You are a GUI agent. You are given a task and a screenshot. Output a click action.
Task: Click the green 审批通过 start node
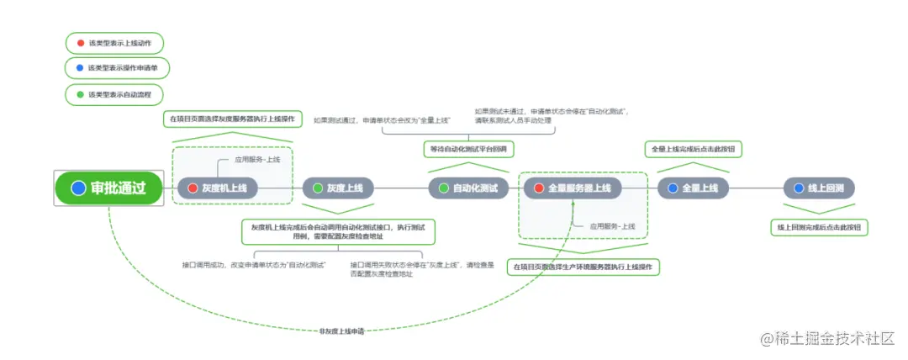[107, 188]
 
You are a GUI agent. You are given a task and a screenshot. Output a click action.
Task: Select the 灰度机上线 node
[217, 188]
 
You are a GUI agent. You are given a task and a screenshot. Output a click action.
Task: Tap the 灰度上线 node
[338, 188]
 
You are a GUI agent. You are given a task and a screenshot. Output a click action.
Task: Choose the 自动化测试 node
[469, 188]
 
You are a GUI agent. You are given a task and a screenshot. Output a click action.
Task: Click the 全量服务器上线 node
[572, 188]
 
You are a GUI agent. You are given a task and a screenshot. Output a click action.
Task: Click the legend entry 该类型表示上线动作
[113, 43]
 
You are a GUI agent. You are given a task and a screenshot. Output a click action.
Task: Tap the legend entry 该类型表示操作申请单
[114, 68]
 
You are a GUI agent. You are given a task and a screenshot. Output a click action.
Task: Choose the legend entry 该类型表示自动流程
[113, 94]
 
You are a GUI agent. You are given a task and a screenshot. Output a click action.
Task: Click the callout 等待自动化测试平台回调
[469, 149]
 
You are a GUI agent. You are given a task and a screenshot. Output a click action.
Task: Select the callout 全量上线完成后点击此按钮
[694, 149]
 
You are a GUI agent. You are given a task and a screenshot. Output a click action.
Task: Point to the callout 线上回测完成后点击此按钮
[820, 227]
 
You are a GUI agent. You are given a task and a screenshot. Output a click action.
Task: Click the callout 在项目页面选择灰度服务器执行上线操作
[232, 119]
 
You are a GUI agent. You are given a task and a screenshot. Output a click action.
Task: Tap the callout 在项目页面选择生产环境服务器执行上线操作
[583, 267]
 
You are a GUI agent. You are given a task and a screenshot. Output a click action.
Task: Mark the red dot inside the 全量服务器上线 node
[539, 188]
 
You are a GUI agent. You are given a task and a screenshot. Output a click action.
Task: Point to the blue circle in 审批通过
[79, 188]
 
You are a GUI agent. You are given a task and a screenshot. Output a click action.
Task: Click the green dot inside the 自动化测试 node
[444, 188]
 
